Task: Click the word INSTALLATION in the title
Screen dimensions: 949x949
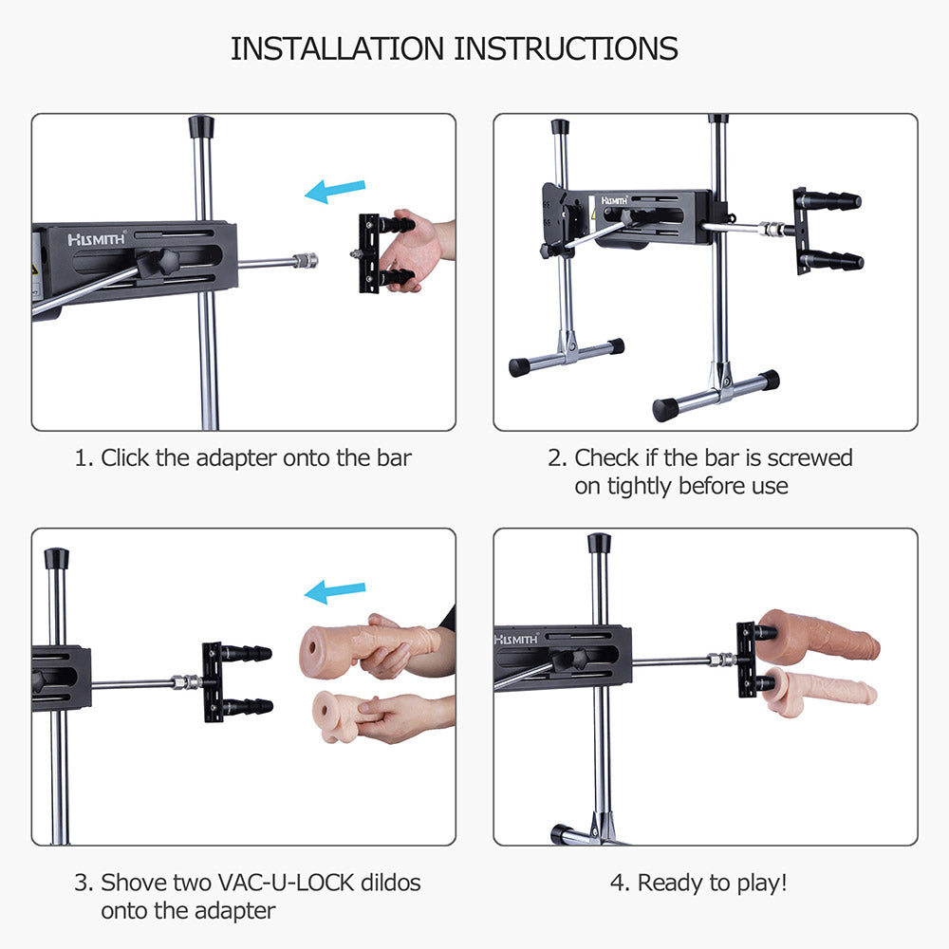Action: coord(338,48)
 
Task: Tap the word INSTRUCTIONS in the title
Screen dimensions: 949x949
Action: coord(566,48)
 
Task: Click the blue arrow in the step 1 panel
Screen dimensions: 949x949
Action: coord(335,192)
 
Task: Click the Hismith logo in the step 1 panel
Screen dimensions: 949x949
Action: coord(97,238)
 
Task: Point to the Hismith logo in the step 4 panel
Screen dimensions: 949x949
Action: coord(516,639)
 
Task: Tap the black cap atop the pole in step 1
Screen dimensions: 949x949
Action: coord(201,127)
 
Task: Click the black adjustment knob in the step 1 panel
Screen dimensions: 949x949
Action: coord(158,263)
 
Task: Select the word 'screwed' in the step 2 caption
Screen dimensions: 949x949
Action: coord(809,457)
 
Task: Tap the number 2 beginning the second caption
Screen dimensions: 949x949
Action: coord(555,458)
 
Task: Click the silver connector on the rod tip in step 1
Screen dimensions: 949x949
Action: coord(307,261)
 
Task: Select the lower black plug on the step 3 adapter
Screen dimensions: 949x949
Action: coord(247,706)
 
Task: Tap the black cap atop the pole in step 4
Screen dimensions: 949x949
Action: coord(599,543)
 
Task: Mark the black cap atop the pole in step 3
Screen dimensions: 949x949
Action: coord(56,559)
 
